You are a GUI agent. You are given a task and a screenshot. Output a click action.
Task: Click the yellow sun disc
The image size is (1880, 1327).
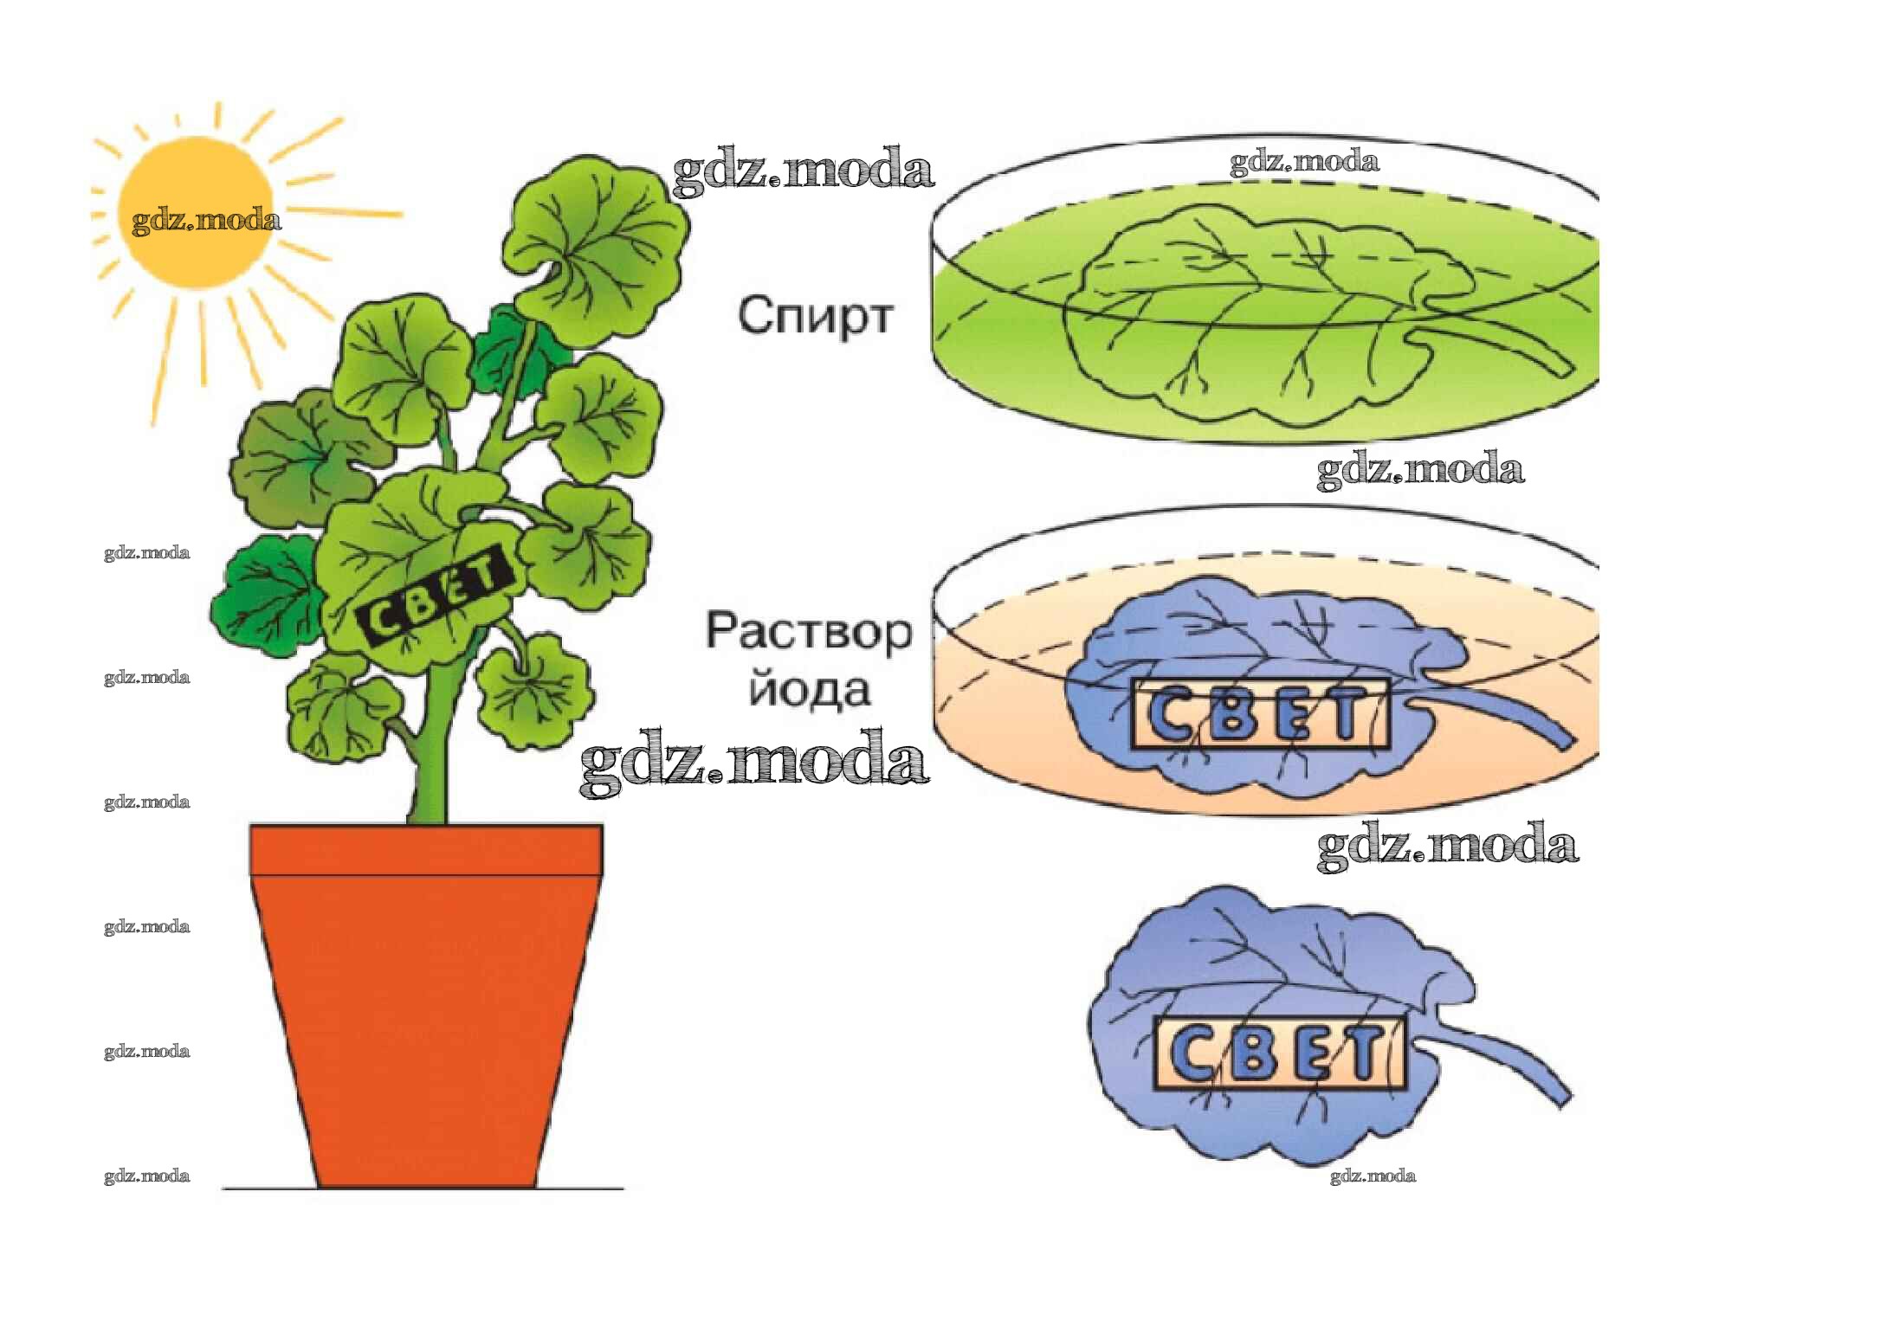tap(196, 211)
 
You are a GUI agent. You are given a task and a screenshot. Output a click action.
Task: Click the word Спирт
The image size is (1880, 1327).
tap(814, 316)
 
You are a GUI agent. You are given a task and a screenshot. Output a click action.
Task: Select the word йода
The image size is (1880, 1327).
tap(809, 691)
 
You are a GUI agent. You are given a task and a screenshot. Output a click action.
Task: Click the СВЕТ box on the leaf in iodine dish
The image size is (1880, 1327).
tap(1259, 714)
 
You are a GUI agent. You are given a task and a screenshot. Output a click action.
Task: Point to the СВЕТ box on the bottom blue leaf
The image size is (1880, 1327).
tap(1280, 1053)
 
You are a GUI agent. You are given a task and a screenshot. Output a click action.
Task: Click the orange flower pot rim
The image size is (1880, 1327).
tap(426, 850)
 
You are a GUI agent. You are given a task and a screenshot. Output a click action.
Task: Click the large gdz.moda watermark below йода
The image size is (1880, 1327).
tap(753, 762)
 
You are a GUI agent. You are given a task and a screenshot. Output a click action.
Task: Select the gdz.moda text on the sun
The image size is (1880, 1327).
tap(206, 221)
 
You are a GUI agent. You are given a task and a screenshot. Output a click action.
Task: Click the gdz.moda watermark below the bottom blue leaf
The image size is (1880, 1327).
tap(1373, 1176)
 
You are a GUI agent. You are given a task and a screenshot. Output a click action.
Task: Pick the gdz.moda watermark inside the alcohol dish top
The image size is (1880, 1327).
tap(1304, 162)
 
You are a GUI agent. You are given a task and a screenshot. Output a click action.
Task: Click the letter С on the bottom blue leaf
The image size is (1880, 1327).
tap(1195, 1054)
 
